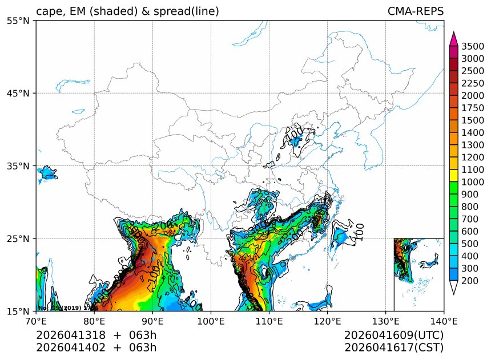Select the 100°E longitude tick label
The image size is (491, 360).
click(x=211, y=321)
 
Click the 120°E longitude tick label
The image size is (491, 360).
click(x=327, y=321)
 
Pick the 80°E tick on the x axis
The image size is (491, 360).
click(x=94, y=321)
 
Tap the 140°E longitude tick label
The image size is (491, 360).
click(x=444, y=321)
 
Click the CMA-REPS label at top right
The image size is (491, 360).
click(x=415, y=11)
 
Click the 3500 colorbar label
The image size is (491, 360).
click(x=473, y=46)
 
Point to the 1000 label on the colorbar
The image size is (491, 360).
click(x=473, y=182)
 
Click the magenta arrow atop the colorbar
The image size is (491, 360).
click(x=454, y=39)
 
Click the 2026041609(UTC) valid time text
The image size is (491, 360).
click(x=393, y=335)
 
